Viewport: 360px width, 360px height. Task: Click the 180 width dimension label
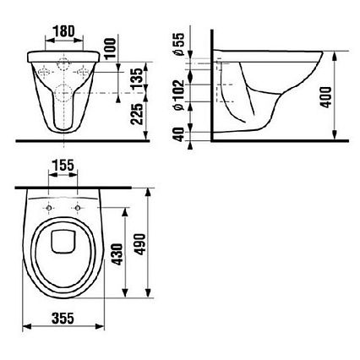64,31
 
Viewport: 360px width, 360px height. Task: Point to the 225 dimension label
138,114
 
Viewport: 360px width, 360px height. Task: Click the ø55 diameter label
179,44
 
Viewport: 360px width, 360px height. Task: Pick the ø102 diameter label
179,95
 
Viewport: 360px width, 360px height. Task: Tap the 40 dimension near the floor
179,134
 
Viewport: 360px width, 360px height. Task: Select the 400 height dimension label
326,97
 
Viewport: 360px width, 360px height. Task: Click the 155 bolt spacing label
63,166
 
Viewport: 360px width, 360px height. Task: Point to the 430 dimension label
117,254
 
